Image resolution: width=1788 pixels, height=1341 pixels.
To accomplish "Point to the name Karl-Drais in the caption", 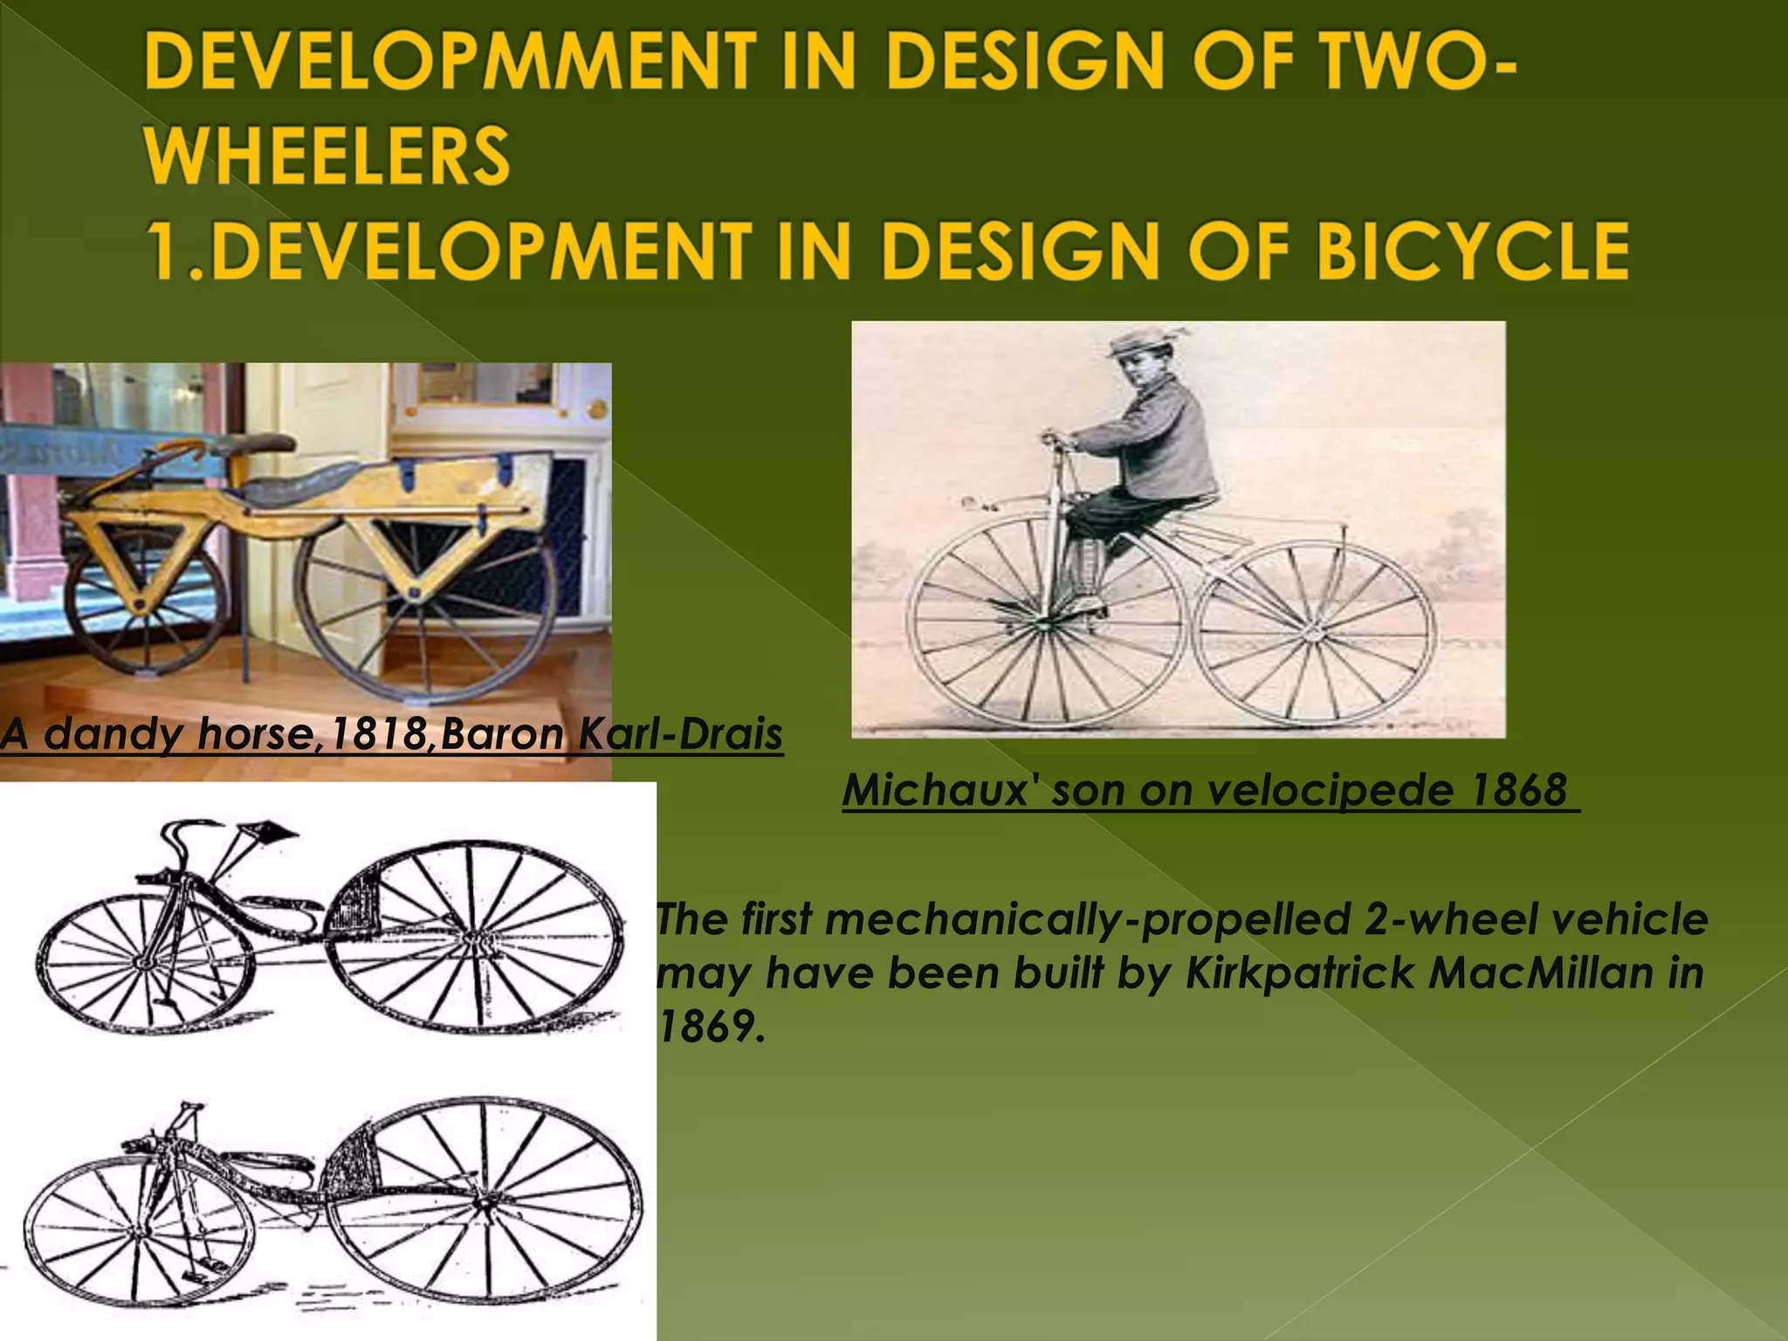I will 681,734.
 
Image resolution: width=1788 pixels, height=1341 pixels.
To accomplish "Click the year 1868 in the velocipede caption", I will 1519,790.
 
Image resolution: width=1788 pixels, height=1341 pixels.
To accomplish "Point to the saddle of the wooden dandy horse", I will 297,480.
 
